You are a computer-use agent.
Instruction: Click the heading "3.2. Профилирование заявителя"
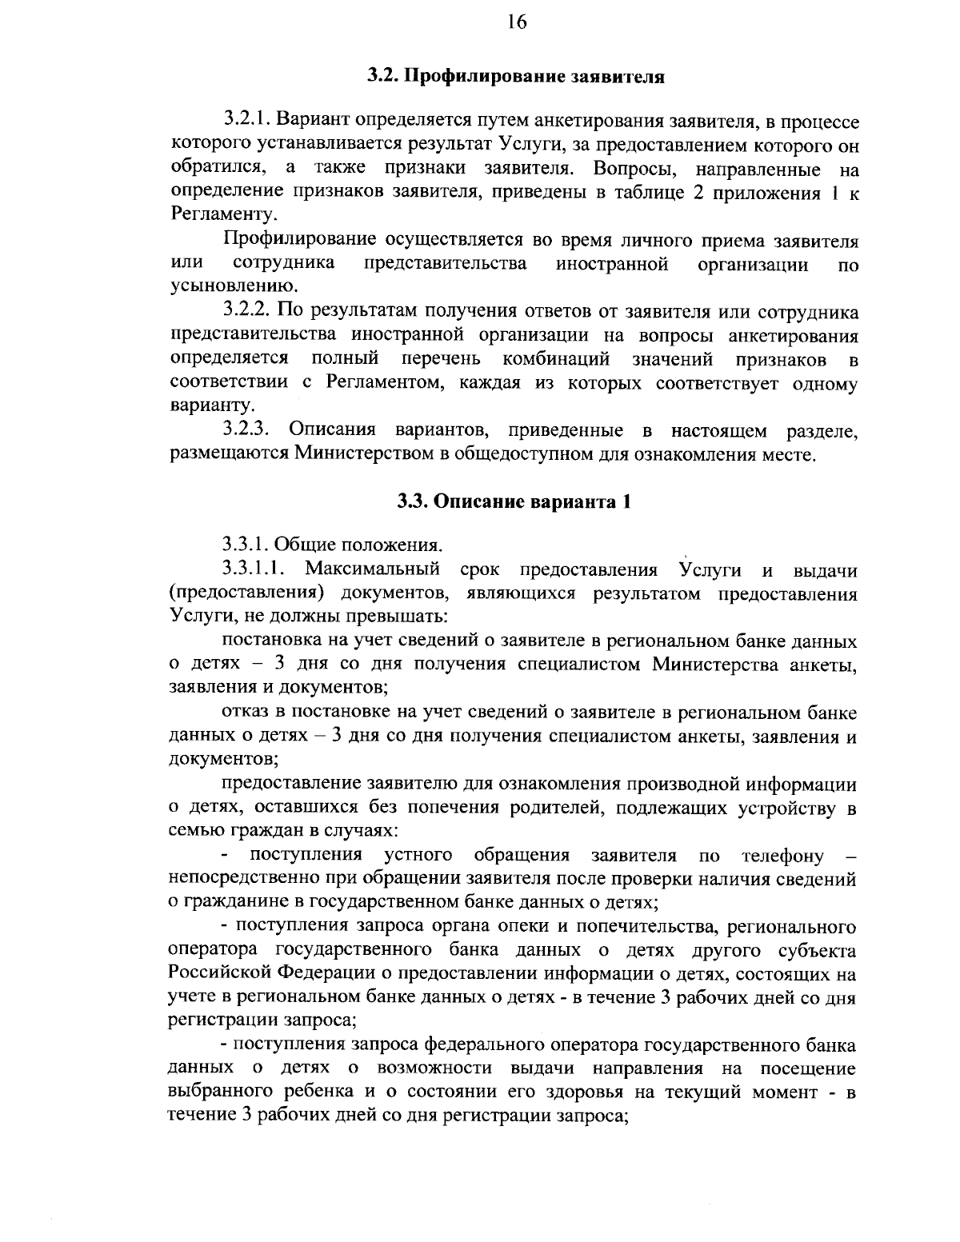[516, 77]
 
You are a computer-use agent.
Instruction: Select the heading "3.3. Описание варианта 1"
[516, 501]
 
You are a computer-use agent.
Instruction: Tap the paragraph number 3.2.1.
[250, 122]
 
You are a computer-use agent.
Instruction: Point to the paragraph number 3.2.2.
[250, 311]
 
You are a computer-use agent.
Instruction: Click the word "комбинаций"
[557, 358]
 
